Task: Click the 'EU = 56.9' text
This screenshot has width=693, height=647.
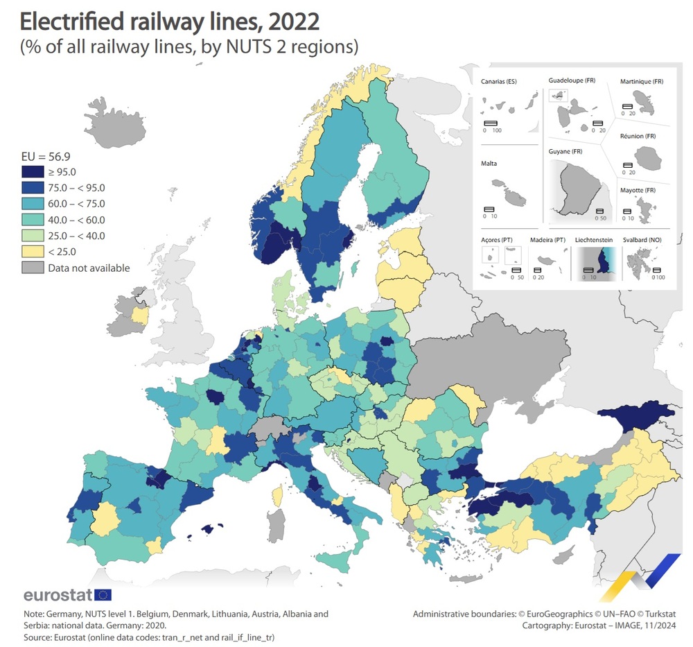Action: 44,155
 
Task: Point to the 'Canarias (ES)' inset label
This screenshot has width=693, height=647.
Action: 499,82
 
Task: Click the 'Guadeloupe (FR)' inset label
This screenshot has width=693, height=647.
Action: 572,81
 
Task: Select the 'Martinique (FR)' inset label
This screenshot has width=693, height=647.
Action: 642,82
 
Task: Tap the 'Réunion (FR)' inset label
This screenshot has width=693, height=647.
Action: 639,137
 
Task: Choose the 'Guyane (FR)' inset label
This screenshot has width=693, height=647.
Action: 565,150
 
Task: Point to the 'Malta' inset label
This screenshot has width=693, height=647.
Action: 489,164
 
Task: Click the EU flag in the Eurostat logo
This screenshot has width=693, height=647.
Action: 103,594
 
